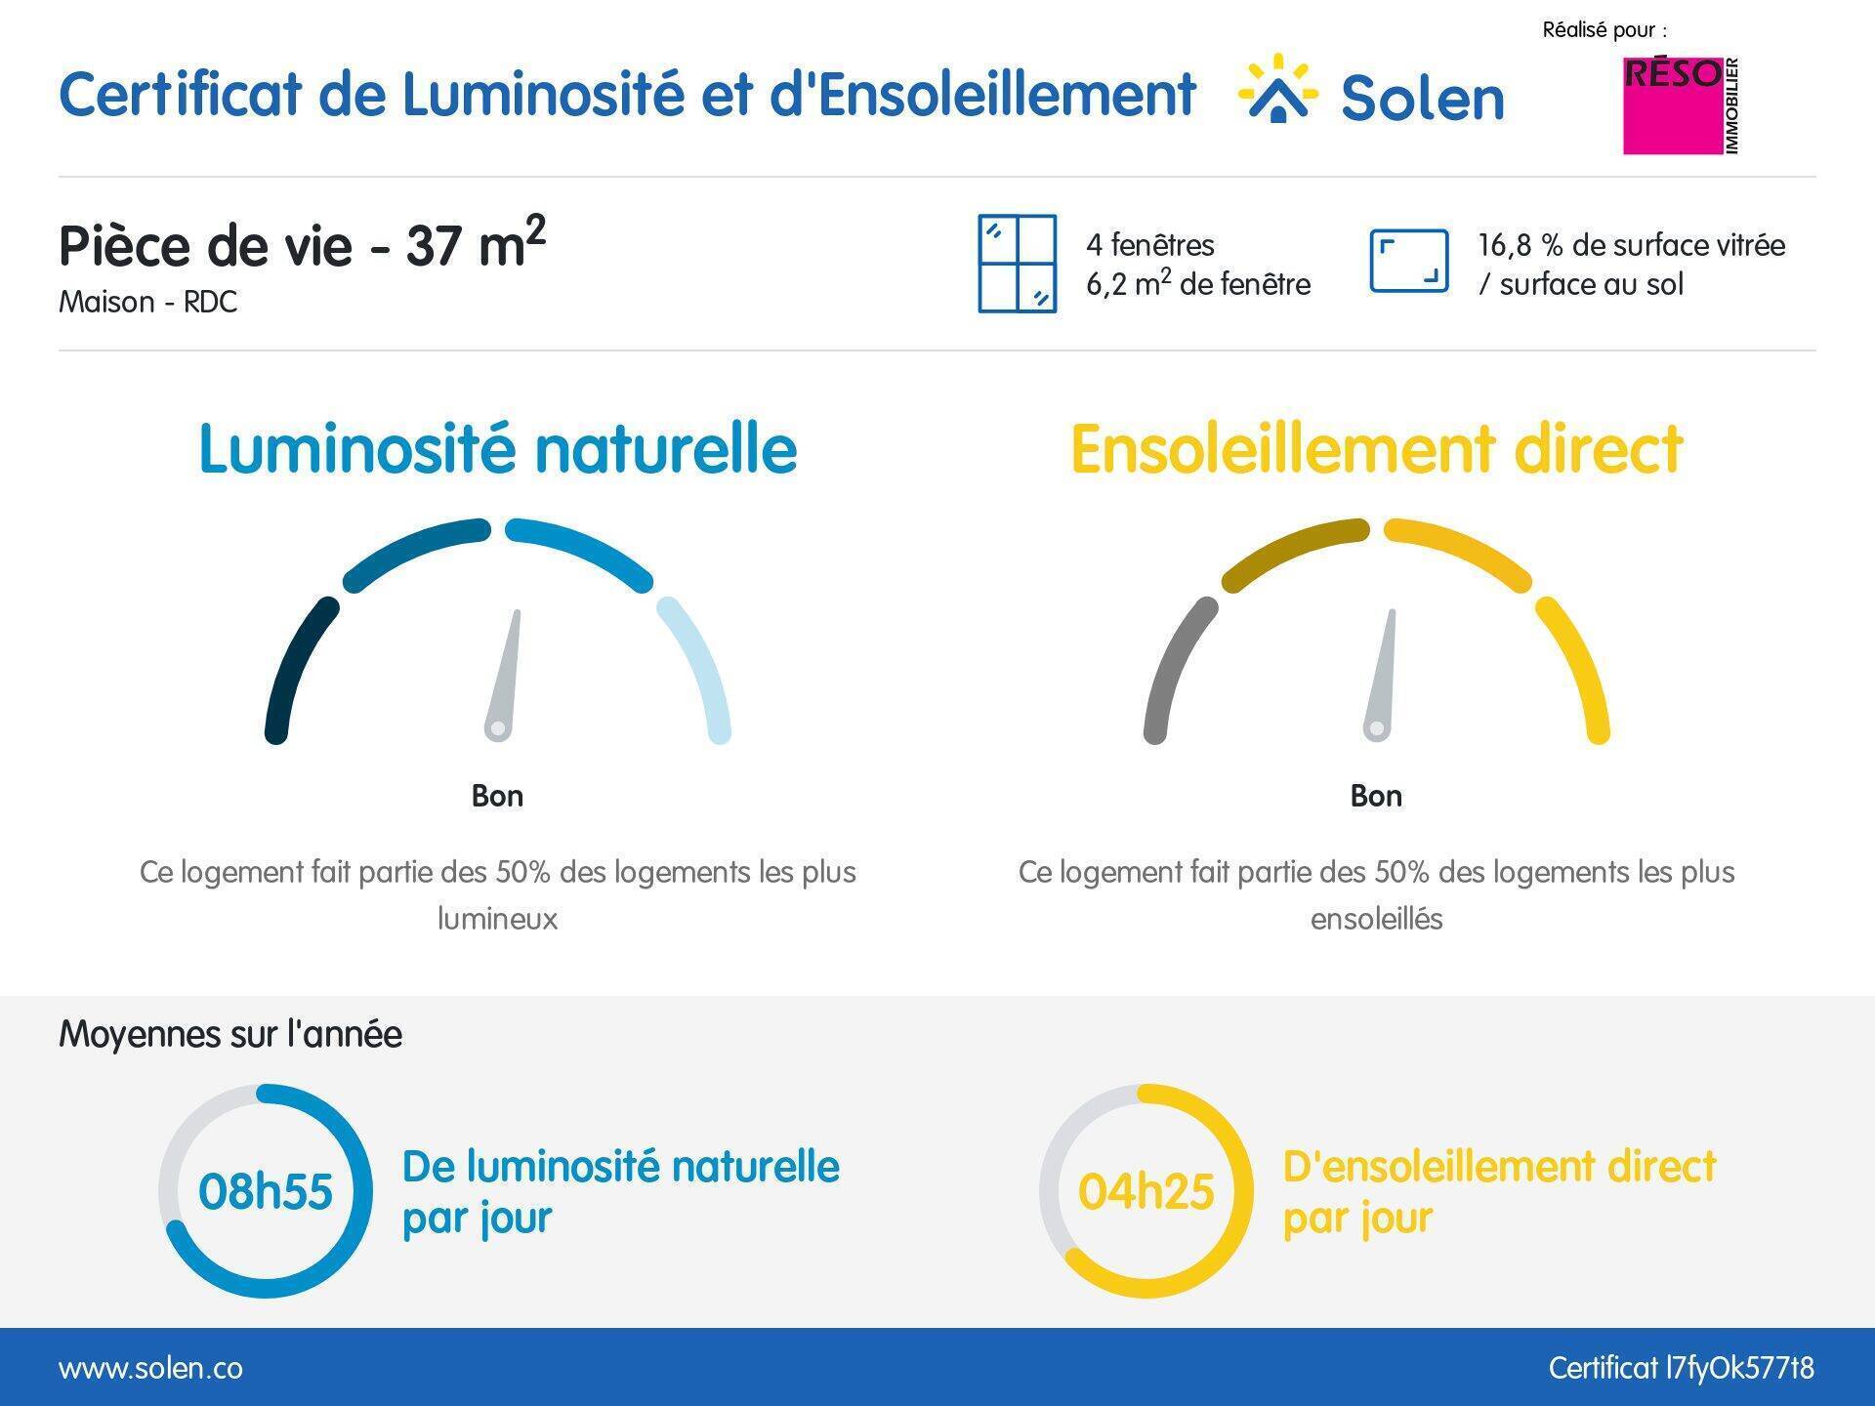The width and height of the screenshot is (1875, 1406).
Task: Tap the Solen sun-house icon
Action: [1278, 89]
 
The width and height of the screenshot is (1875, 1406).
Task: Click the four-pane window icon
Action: [1018, 264]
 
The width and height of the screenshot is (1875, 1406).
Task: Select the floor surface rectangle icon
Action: [1408, 261]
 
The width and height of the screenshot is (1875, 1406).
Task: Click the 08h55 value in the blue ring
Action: [266, 1192]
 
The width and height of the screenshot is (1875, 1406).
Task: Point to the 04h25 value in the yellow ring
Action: [1146, 1192]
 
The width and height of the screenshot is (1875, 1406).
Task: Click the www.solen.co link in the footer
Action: [150, 1368]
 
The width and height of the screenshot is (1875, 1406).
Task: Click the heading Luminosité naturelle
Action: [498, 449]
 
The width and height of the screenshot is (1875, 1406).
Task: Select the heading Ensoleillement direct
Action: [1377, 449]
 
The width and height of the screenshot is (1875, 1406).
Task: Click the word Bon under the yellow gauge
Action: [1376, 796]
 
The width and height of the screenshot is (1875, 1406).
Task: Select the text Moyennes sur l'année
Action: [230, 1034]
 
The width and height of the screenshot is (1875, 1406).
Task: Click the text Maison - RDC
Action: [148, 302]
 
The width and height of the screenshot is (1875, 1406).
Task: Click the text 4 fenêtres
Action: [1150, 245]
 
